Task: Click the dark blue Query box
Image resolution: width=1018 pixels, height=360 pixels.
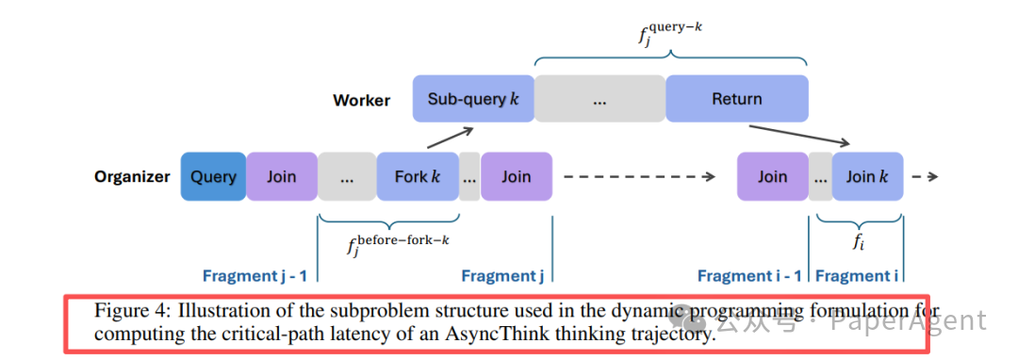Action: (213, 176)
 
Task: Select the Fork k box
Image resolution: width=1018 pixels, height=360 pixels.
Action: (417, 176)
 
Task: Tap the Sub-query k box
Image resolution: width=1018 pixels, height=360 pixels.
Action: (472, 99)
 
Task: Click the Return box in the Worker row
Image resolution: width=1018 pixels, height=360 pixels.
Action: (736, 99)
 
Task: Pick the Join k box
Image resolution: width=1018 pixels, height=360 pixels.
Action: (867, 176)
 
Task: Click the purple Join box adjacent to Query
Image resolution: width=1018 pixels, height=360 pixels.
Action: (281, 176)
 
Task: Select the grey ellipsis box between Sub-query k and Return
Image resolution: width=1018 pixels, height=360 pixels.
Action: (599, 99)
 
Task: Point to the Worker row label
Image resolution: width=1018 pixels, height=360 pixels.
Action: (361, 100)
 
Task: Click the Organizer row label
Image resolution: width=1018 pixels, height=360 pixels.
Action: (132, 177)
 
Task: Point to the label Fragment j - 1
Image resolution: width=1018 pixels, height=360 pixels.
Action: (254, 276)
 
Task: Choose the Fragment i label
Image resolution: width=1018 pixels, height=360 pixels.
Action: (857, 276)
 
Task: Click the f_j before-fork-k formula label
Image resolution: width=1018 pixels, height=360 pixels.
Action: (398, 244)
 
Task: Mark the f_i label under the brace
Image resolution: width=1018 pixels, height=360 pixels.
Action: (858, 241)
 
